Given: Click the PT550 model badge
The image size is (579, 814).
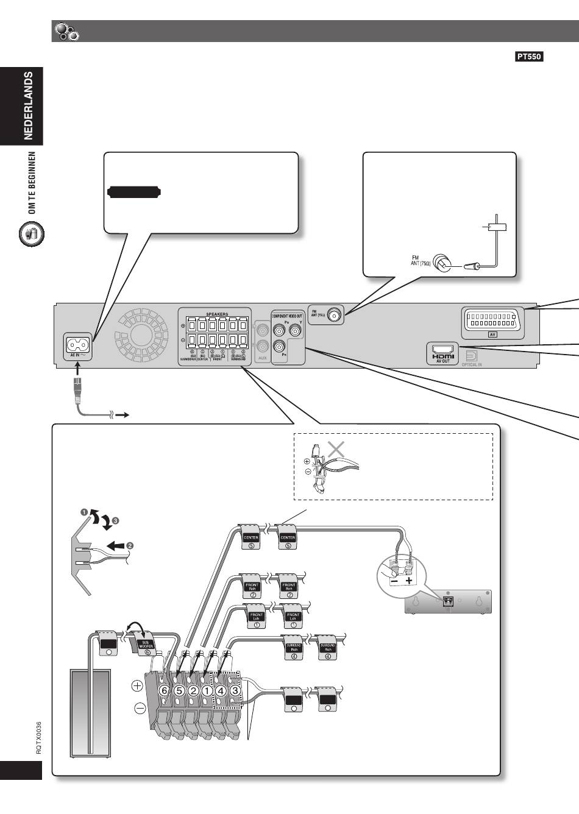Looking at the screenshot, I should (529, 57).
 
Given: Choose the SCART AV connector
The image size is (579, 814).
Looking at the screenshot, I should (494, 319).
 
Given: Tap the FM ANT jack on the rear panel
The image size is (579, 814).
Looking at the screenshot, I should (333, 315).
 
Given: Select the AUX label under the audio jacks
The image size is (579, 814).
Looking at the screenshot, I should (263, 358).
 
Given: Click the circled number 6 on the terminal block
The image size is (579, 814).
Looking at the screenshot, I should (163, 691).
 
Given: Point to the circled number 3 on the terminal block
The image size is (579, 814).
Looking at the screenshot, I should (235, 691).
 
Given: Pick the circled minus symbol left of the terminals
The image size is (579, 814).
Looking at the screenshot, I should (140, 708).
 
